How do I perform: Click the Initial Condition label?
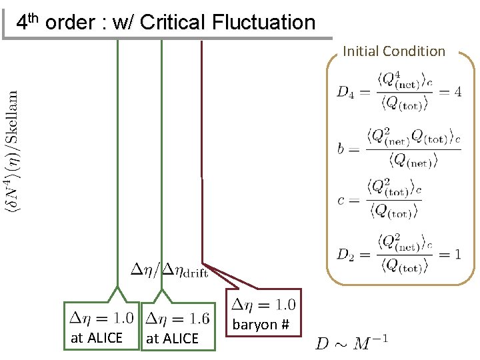coord(394,51)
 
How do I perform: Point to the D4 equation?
coord(399,92)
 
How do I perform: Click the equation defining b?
coord(399,147)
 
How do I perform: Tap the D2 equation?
coord(399,254)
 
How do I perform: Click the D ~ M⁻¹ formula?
coord(352,343)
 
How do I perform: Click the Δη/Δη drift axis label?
coord(169,269)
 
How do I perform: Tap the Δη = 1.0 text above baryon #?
coord(263,305)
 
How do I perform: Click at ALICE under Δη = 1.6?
coord(172,339)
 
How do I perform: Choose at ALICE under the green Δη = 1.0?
coord(97,338)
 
